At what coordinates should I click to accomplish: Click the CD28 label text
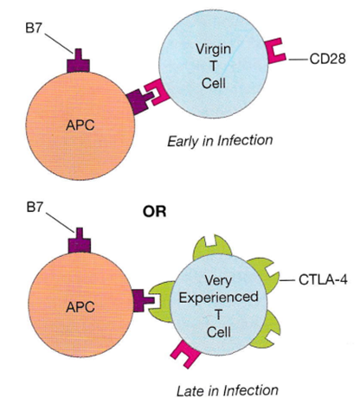327,59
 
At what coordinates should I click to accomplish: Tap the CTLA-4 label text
323,279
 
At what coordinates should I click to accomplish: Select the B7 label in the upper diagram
34,28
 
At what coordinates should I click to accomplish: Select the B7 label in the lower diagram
35,207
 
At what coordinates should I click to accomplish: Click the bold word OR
154,211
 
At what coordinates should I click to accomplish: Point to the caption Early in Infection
220,141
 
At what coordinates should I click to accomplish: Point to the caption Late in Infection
228,391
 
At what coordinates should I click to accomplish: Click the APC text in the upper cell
80,125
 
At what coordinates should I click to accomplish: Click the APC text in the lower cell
80,306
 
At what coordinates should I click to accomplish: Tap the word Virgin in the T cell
214,49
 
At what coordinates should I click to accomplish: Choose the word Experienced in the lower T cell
218,298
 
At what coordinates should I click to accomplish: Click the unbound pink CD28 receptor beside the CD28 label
276,51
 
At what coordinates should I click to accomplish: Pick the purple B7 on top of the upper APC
78,61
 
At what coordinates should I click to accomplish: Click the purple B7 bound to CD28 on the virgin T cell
139,101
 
